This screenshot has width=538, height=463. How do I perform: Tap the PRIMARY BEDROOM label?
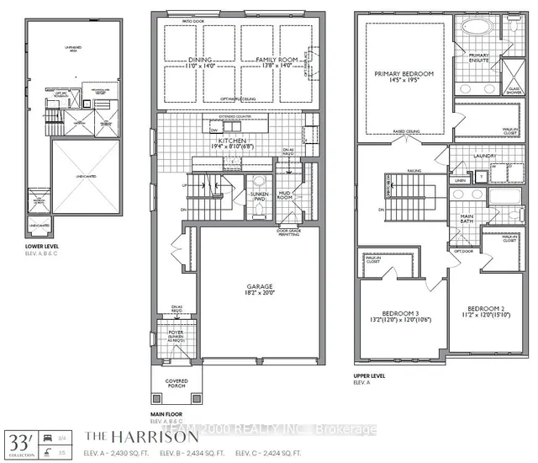[405, 73]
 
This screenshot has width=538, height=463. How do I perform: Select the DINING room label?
[201, 61]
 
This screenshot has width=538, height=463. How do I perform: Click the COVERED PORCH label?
[177, 383]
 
